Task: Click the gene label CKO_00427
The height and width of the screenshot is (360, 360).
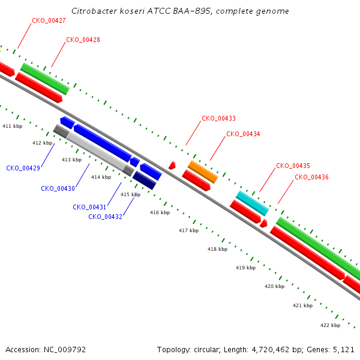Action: pos(49,20)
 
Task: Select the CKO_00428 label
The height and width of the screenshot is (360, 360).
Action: pos(83,40)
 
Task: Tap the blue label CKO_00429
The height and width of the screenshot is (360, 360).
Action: pos(23,168)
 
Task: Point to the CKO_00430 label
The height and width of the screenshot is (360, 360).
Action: pos(58,189)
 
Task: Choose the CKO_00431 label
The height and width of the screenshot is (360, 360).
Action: pos(89,208)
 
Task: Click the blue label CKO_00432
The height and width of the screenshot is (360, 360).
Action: pos(106,217)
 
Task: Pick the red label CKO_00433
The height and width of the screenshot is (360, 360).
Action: pos(218,118)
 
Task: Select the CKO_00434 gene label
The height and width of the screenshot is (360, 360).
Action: pos(243,134)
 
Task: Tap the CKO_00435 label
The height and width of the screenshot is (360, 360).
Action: pos(293,166)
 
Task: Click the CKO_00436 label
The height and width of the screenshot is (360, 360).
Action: pos(311,177)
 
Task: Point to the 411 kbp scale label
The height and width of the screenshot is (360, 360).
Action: pos(13,126)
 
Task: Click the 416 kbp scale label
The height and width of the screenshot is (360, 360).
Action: pos(160,213)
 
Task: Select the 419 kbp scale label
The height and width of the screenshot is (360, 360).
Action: pos(245,268)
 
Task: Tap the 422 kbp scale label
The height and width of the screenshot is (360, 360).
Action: pos(331,326)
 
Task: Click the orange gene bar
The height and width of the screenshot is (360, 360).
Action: pos(203,172)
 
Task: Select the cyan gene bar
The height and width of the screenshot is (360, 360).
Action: pos(252,203)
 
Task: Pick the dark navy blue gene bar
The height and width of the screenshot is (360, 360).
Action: pos(145,180)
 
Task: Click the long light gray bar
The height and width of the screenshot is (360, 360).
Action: pos(96,151)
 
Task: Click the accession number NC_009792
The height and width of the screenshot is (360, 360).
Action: pos(65,350)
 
